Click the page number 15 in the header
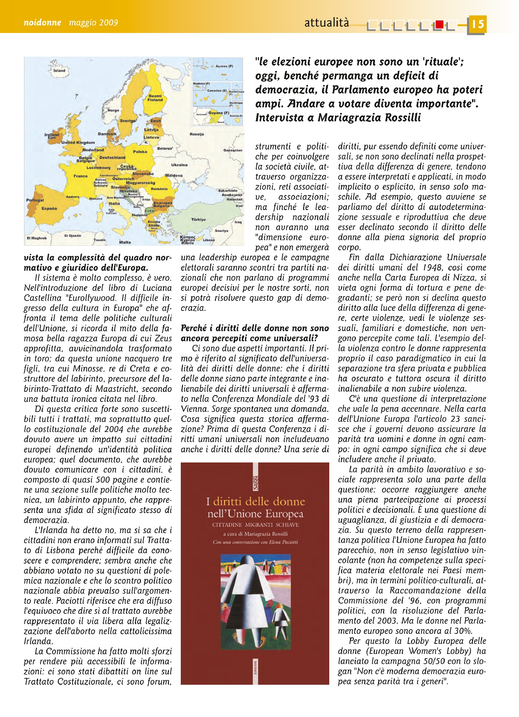[x=477, y=24]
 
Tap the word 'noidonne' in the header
[x=42, y=23]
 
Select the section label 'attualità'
[x=326, y=23]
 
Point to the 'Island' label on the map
[x=59, y=71]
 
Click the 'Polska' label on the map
[x=140, y=152]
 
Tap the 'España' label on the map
[x=49, y=208]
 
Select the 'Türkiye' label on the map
[x=198, y=219]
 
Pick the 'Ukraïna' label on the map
[x=179, y=165]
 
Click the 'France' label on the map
[x=80, y=176]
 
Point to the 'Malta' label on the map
[x=125, y=242]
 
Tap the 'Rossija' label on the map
[x=197, y=134]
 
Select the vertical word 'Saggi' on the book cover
[x=255, y=482]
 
